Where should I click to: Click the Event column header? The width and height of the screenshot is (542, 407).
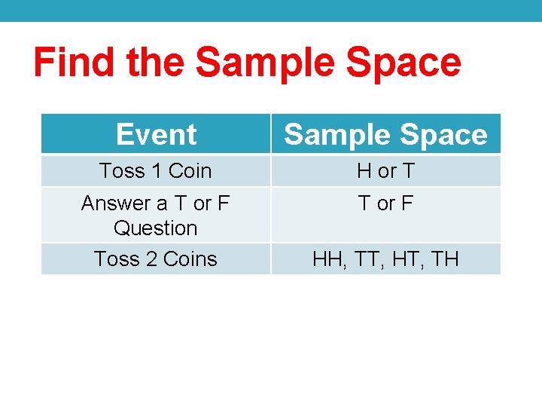point(156,134)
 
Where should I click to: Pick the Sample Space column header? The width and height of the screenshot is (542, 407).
point(385,134)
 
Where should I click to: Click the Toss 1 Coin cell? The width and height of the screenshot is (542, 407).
point(156,171)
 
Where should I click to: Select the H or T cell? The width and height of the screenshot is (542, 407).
point(385,171)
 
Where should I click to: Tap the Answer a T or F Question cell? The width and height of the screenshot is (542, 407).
point(156,215)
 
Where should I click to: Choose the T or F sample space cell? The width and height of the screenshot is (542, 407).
point(385,203)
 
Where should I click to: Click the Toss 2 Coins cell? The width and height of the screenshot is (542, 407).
point(156,259)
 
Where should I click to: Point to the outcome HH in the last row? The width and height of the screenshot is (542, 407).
point(327,259)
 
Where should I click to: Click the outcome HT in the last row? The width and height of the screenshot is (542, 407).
point(404,259)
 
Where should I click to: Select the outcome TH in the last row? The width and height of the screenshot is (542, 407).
point(445,259)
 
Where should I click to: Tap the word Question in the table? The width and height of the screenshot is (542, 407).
point(156,228)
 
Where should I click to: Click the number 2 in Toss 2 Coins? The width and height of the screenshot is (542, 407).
point(151,259)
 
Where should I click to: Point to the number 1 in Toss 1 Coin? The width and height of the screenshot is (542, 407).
point(156,171)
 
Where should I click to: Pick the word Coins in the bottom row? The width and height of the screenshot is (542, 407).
point(190,259)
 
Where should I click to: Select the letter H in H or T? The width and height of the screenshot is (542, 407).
point(364,171)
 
